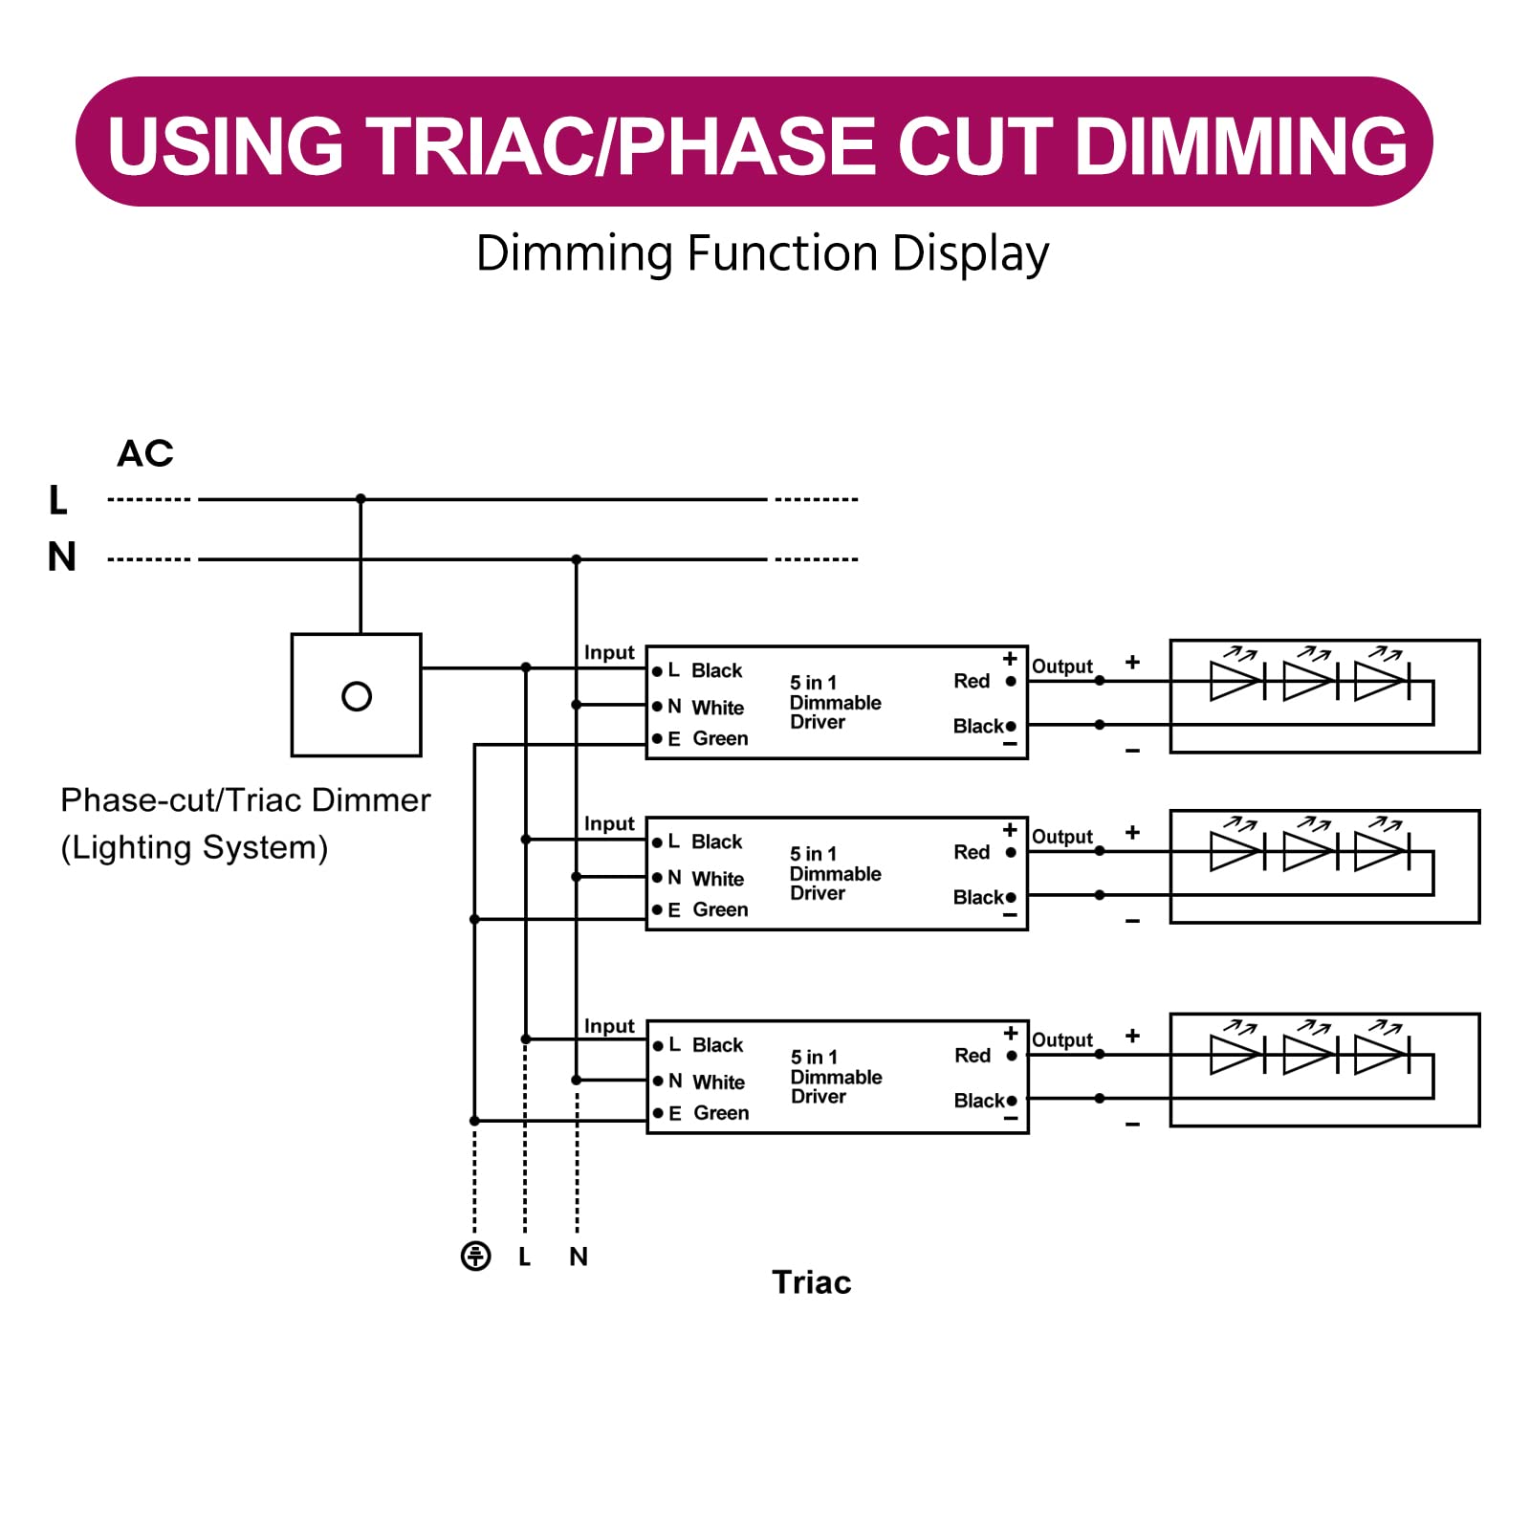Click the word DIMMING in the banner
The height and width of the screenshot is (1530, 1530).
(x=1241, y=146)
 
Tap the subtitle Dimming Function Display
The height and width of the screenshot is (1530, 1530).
(x=762, y=253)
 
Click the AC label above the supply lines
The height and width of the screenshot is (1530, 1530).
(x=145, y=453)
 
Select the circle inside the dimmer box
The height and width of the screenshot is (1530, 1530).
(x=357, y=696)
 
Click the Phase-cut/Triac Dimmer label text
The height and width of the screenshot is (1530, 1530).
(x=245, y=800)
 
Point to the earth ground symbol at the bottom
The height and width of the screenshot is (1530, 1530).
(x=475, y=1256)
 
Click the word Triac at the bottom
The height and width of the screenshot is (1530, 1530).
(x=811, y=1282)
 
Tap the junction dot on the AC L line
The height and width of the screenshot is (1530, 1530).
(x=361, y=499)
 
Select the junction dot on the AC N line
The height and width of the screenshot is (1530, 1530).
(x=577, y=559)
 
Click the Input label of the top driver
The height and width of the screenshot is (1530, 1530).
(x=609, y=652)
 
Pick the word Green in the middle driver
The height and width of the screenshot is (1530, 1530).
(x=720, y=909)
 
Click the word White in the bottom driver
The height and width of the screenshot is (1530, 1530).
(x=718, y=1082)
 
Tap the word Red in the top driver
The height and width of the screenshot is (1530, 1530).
(x=972, y=681)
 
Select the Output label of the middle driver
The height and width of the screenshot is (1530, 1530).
(x=1061, y=837)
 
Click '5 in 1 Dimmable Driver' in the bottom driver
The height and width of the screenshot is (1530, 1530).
(x=835, y=1077)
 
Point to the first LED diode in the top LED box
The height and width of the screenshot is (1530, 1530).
(x=1236, y=681)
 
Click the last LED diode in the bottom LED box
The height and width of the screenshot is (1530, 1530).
(x=1381, y=1056)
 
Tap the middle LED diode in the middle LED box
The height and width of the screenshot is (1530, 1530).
(x=1309, y=851)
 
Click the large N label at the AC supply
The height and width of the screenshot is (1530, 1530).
(x=62, y=557)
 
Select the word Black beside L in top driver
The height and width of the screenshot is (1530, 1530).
(x=716, y=670)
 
